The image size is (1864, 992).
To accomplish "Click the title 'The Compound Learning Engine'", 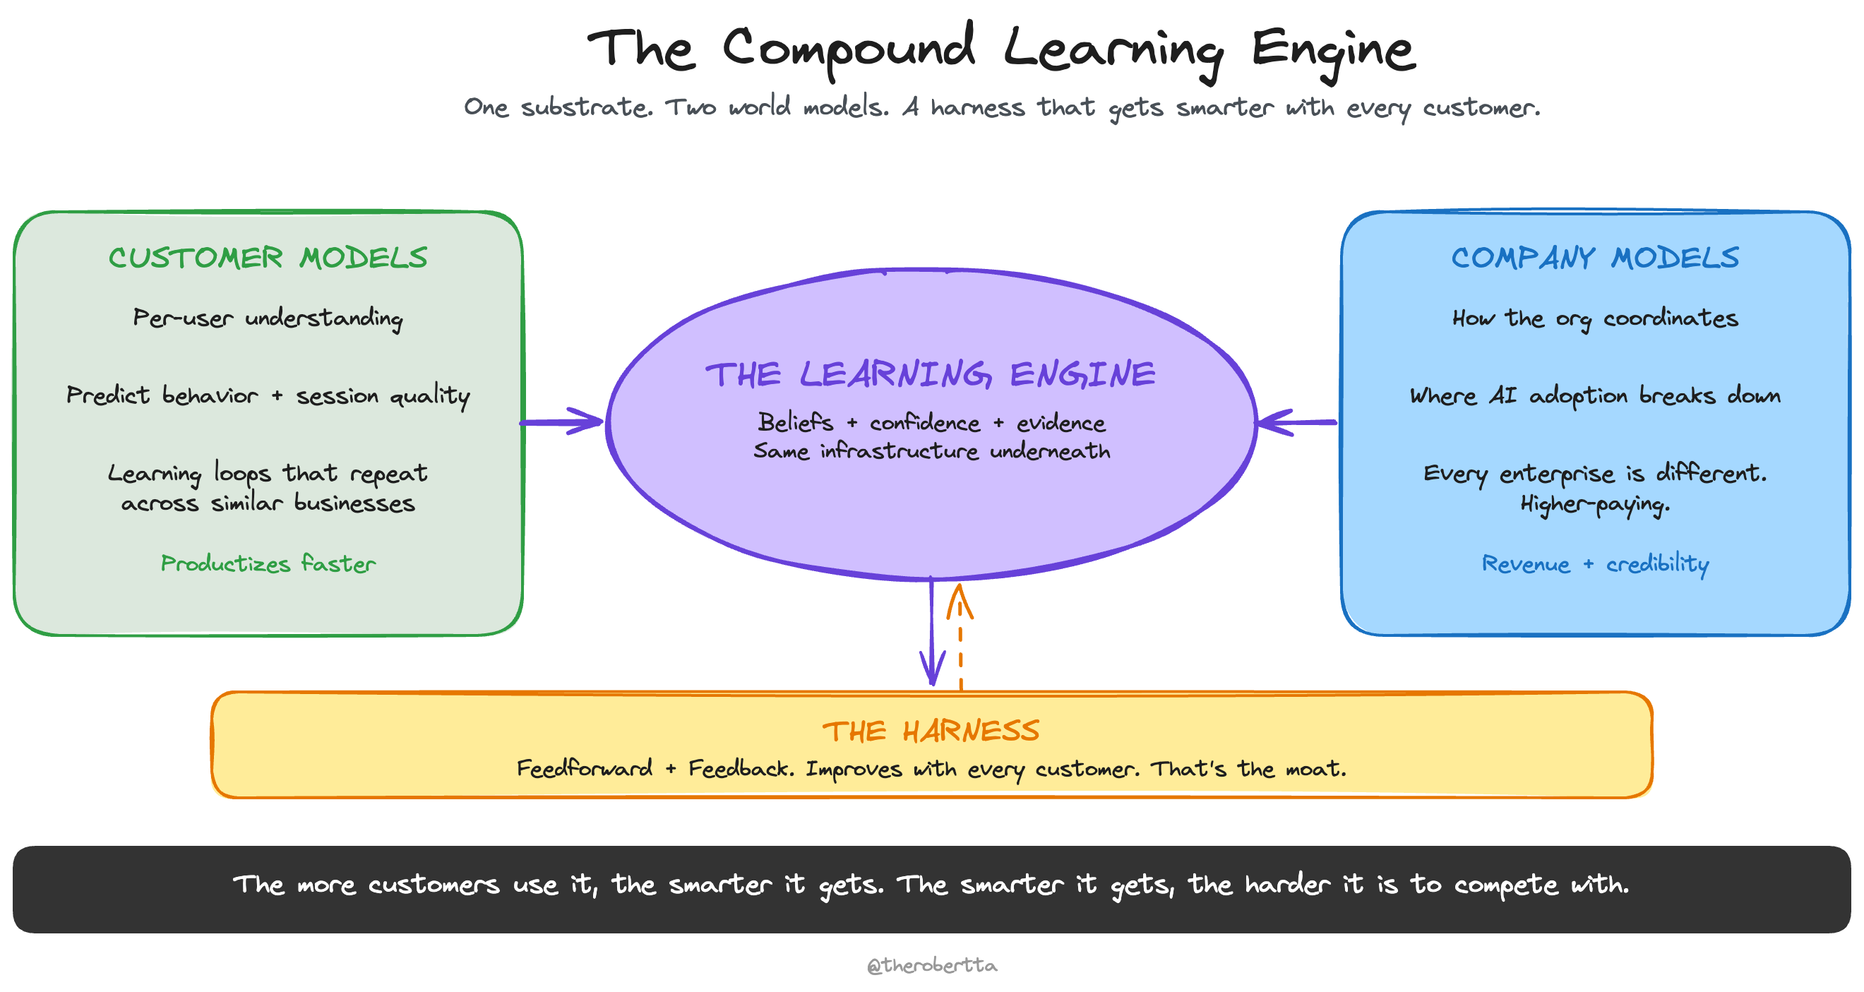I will click(x=1000, y=49).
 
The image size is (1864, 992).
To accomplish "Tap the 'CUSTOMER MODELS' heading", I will click(x=268, y=258).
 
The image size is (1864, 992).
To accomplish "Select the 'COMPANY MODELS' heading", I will click(x=1595, y=258).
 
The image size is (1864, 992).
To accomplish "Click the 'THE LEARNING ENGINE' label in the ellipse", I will click(x=931, y=375).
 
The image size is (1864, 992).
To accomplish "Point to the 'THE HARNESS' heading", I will click(x=931, y=731).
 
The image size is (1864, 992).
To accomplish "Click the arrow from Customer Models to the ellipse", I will click(x=561, y=422).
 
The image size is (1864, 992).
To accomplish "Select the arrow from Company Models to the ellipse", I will click(x=1297, y=422).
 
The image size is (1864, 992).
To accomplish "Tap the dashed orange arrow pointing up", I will click(x=960, y=637).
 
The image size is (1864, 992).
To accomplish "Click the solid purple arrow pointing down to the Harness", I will click(x=932, y=633).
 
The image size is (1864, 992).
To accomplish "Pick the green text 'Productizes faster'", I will click(x=268, y=563).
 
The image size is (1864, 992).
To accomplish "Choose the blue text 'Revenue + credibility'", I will click(x=1595, y=563).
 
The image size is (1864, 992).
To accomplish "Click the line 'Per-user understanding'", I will click(x=268, y=318).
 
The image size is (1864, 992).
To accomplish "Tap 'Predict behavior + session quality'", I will click(x=268, y=396).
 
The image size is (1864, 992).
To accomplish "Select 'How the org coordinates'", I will click(x=1595, y=318).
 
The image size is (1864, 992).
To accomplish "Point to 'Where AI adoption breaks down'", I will click(x=1595, y=396).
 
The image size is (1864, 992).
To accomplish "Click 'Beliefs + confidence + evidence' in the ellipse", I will click(x=931, y=422).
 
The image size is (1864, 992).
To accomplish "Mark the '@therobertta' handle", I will click(x=932, y=965).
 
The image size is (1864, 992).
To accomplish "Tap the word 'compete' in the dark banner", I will click(x=1506, y=885).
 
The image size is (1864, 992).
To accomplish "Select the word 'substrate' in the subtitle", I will click(x=586, y=108).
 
